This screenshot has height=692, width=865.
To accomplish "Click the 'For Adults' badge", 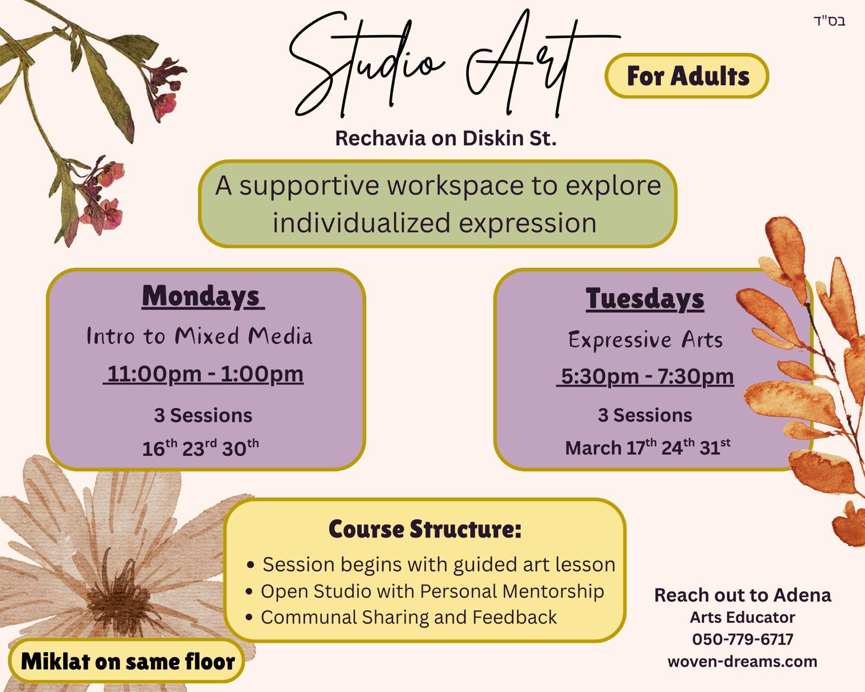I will (687, 76).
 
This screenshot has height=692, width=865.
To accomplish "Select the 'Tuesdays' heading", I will (644, 298).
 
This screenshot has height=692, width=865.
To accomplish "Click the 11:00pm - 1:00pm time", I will (204, 374).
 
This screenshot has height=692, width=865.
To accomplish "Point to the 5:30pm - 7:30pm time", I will (647, 376).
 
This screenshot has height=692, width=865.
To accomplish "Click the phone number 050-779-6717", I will (742, 639).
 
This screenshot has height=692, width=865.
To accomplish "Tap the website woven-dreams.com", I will (742, 661).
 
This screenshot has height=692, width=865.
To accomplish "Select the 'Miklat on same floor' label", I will (127, 661).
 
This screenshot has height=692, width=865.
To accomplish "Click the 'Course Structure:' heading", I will (425, 529).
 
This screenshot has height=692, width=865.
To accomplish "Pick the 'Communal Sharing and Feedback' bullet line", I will (408, 617).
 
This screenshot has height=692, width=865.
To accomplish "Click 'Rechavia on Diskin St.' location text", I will (445, 138).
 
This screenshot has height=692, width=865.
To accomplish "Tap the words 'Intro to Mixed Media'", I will (199, 336).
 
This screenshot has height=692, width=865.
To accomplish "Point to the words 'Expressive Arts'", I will (645, 340).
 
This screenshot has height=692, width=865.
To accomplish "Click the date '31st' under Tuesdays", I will (714, 448).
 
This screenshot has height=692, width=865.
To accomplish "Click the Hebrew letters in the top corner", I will (829, 22).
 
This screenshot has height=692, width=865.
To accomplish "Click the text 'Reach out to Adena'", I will (742, 595).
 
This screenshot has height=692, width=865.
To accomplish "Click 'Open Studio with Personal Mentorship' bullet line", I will (432, 591).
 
